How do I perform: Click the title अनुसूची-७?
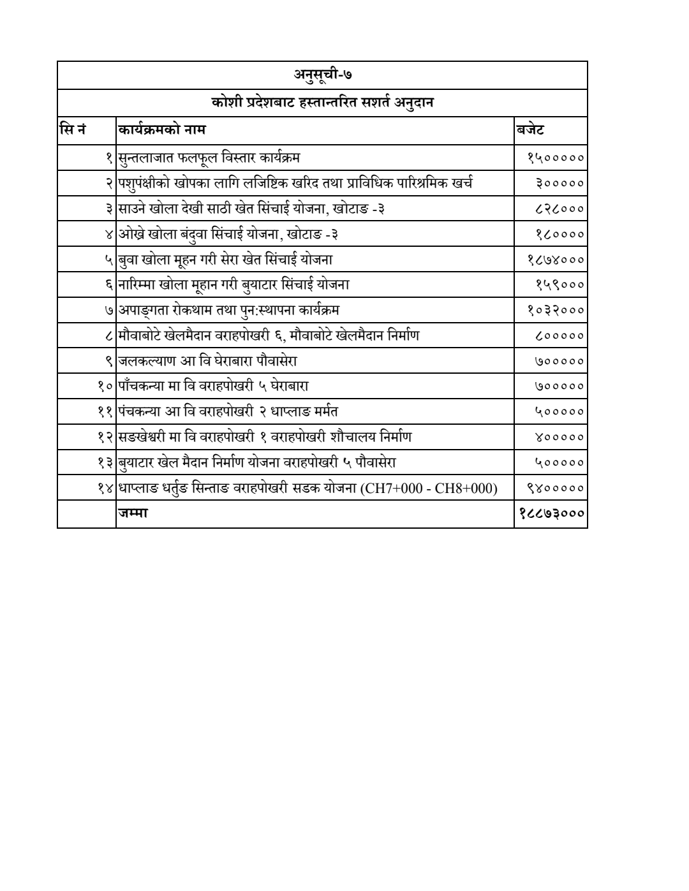(322, 75)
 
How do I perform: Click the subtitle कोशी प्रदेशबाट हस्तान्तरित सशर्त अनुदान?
(322, 103)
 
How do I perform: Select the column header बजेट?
(530, 131)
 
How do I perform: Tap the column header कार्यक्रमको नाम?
(162, 131)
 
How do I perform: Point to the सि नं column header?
(72, 131)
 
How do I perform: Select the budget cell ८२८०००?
(559, 209)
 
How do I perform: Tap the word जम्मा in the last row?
(133, 514)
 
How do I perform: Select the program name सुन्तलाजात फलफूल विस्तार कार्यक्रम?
(209, 158)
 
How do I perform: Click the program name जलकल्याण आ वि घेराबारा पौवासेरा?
(207, 362)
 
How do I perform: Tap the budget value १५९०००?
(559, 285)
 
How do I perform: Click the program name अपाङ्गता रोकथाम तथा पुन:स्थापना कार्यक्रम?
(229, 311)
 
